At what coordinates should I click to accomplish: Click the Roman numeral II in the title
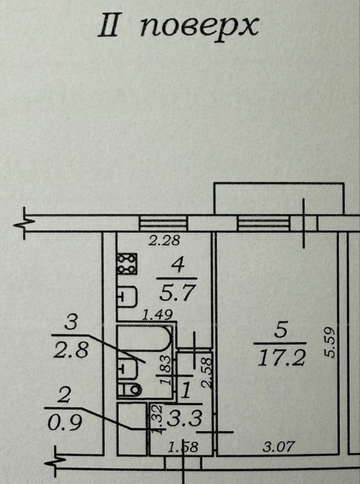pos(108,27)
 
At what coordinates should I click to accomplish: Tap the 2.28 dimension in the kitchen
pos(164,241)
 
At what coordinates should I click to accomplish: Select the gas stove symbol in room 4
pos(127,264)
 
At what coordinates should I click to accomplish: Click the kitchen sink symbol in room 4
pos(127,297)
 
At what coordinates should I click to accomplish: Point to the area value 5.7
pos(178,293)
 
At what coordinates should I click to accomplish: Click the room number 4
pos(177,266)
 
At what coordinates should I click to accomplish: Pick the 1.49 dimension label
pos(157,315)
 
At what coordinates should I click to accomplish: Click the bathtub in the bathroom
pos(144,338)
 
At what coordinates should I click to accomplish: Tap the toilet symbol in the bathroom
pos(130,390)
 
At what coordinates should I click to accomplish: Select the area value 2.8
pos(71,350)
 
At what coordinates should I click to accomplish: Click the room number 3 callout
pos(71,323)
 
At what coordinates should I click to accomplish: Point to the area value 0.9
pos(65,423)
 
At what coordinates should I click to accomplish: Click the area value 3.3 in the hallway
pos(184,418)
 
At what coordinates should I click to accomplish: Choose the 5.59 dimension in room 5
pos(330,342)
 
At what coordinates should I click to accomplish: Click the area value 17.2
pos(281,358)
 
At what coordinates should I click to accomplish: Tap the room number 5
pos(280,329)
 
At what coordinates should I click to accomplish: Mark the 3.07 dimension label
pos(279,446)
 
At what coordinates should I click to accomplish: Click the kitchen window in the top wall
pos(163,223)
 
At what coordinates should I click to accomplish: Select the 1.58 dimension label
pos(182,447)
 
